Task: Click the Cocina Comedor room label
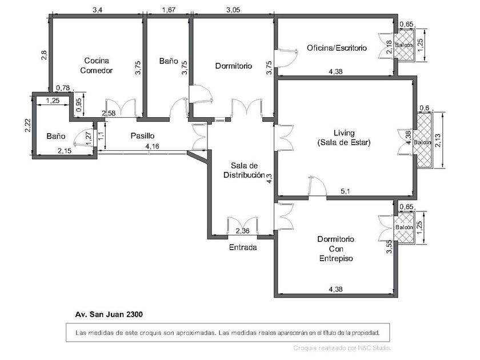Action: pyautogui.click(x=97, y=66)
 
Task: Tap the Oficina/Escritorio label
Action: pyautogui.click(x=337, y=48)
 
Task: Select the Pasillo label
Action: pyautogui.click(x=142, y=135)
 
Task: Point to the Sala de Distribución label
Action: pyautogui.click(x=244, y=170)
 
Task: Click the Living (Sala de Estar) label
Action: pyautogui.click(x=344, y=138)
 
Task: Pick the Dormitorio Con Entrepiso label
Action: pyautogui.click(x=336, y=249)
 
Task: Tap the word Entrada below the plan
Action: pyautogui.click(x=243, y=247)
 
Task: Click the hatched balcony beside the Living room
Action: pyautogui.click(x=423, y=140)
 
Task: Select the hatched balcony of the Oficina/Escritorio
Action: pyautogui.click(x=404, y=45)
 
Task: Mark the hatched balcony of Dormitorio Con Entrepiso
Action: pyautogui.click(x=404, y=227)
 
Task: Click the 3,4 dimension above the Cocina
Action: pyautogui.click(x=97, y=10)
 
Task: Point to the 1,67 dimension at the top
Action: pyautogui.click(x=169, y=10)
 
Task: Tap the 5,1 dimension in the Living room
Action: pyautogui.click(x=345, y=191)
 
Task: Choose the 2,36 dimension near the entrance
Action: pyautogui.click(x=242, y=231)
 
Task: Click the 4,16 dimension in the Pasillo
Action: pyautogui.click(x=152, y=146)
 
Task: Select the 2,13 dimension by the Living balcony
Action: pyautogui.click(x=438, y=140)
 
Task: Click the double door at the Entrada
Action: pyautogui.click(x=242, y=226)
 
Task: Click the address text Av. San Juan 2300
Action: pyautogui.click(x=109, y=314)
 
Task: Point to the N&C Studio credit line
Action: pyautogui.click(x=342, y=348)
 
